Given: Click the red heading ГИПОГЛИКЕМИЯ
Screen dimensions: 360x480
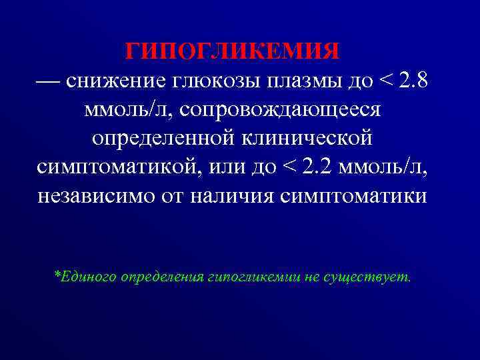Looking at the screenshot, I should click(233, 51).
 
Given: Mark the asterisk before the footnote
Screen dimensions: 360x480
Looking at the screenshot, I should click(57, 273).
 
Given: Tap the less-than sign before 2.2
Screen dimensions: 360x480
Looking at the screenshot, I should click(285, 167).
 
